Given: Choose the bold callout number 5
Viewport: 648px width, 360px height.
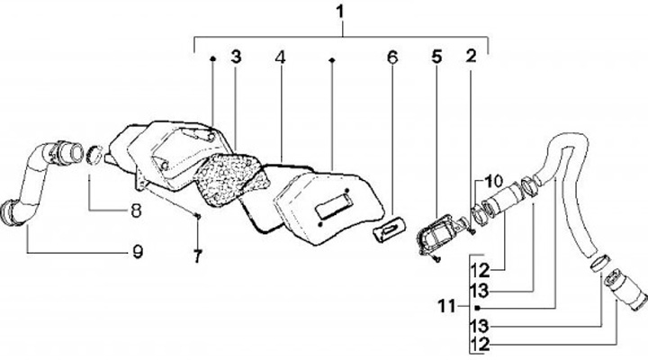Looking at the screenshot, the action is pos(436,57).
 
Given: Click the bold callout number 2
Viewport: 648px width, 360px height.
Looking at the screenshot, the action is pos(471,57).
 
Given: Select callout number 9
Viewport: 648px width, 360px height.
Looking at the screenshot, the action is pos(138,253).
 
